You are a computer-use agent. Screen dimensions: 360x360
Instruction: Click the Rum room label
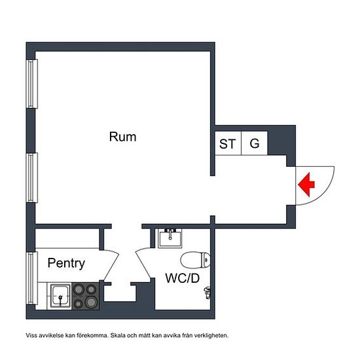coord(122,137)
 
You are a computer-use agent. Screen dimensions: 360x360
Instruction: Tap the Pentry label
coord(66,263)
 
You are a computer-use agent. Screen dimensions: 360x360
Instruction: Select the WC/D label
coord(183,278)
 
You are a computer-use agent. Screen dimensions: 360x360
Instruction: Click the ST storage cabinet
coord(228,143)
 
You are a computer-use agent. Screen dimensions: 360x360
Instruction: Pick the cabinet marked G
coord(255,143)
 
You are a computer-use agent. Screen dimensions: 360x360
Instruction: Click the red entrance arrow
coord(306,185)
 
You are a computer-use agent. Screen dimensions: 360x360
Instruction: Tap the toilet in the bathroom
coord(195,260)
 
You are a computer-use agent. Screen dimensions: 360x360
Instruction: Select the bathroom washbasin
coord(170,238)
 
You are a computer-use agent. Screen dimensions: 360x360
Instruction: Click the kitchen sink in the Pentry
coord(60,296)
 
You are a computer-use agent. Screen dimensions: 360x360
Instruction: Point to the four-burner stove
coord(86,296)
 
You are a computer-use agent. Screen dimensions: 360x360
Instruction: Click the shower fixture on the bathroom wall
coord(207,293)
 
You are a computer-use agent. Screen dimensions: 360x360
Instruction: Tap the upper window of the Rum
coord(31,84)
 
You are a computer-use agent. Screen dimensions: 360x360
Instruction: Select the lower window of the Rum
coord(31,177)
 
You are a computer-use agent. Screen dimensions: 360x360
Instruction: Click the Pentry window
coord(31,278)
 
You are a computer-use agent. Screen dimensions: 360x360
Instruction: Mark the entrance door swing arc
coord(325,193)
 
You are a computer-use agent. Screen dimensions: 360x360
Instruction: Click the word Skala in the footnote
coord(118,335)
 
